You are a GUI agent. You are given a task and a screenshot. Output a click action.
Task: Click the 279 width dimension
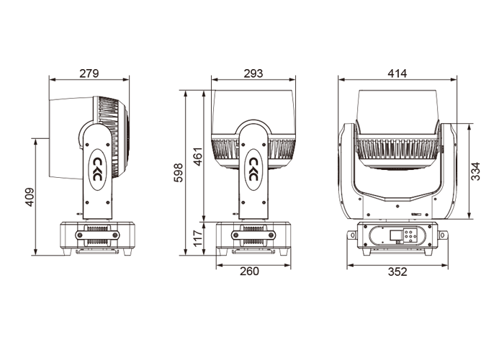click(x=89, y=73)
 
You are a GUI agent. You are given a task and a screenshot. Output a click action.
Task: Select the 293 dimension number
click(x=253, y=73)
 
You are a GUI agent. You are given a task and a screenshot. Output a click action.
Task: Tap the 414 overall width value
click(x=397, y=73)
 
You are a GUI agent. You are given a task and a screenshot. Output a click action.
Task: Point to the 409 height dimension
click(x=30, y=197)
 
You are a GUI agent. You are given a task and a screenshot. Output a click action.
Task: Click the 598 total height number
click(x=178, y=173)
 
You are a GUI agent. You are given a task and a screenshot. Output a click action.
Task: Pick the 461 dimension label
click(x=198, y=156)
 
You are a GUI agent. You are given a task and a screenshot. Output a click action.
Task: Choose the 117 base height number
click(x=198, y=238)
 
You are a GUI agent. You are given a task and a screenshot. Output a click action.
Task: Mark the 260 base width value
click(x=249, y=271)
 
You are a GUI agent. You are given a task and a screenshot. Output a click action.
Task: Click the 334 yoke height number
click(x=475, y=171)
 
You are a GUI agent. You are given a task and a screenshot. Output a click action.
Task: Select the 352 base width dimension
click(x=397, y=272)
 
